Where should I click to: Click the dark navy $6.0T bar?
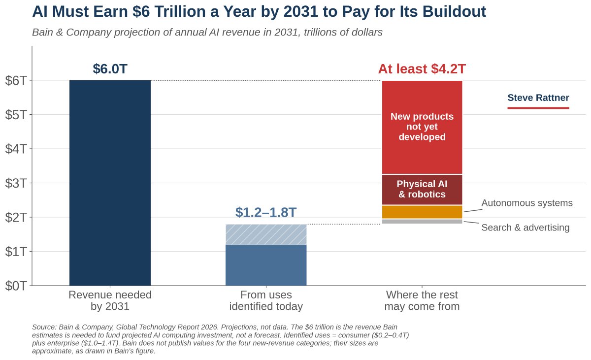click(x=110, y=183)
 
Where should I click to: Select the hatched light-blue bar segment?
click(x=266, y=234)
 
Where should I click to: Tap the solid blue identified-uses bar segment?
click(x=266, y=265)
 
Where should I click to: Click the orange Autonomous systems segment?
click(x=422, y=212)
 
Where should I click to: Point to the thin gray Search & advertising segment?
click(x=422, y=222)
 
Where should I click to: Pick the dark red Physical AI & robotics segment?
click(x=422, y=190)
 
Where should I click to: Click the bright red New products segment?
click(x=422, y=127)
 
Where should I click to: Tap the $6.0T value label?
click(x=110, y=69)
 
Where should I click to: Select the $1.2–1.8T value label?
click(x=266, y=212)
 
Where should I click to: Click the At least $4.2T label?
click(x=422, y=69)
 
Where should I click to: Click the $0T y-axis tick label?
click(x=16, y=286)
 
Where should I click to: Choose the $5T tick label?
click(x=16, y=115)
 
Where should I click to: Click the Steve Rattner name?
click(x=538, y=98)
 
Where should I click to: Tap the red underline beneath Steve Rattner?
click(x=538, y=108)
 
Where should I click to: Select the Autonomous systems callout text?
click(x=527, y=203)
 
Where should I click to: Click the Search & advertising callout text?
click(x=525, y=228)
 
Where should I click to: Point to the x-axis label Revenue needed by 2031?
click(x=110, y=301)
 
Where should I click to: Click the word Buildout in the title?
click(x=454, y=12)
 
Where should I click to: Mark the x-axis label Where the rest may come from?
click(x=422, y=301)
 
